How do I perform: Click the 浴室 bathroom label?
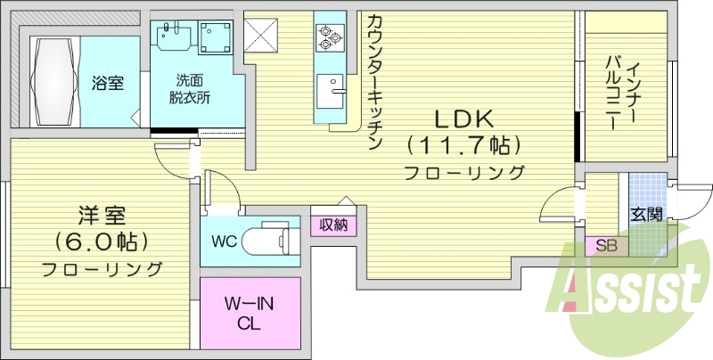(107, 83)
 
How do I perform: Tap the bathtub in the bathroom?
(54, 82)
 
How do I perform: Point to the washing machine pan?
(217, 37)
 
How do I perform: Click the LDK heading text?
(463, 119)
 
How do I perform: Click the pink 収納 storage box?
(333, 225)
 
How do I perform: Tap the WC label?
(225, 241)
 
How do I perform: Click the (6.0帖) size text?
(102, 241)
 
